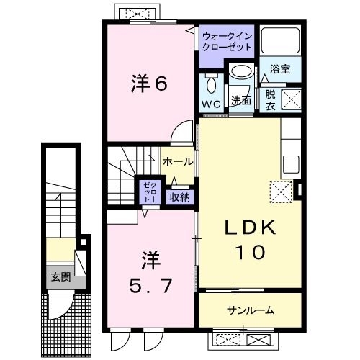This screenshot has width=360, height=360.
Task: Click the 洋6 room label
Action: [150, 84]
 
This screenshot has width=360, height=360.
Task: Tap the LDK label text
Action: [248, 228]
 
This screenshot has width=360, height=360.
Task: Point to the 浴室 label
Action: [280, 69]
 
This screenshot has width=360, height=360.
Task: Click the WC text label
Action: [212, 104]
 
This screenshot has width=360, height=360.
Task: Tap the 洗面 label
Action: [240, 102]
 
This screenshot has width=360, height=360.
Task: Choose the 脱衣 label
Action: [269, 98]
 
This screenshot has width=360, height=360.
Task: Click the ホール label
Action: [176, 163]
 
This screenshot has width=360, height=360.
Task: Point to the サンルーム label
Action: [249, 310]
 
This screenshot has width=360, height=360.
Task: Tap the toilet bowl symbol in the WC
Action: [210, 84]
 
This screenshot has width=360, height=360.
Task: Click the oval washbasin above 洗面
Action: [240, 72]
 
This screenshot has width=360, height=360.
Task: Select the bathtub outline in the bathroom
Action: [280, 42]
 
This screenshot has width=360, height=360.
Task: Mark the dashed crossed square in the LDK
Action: [279, 192]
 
